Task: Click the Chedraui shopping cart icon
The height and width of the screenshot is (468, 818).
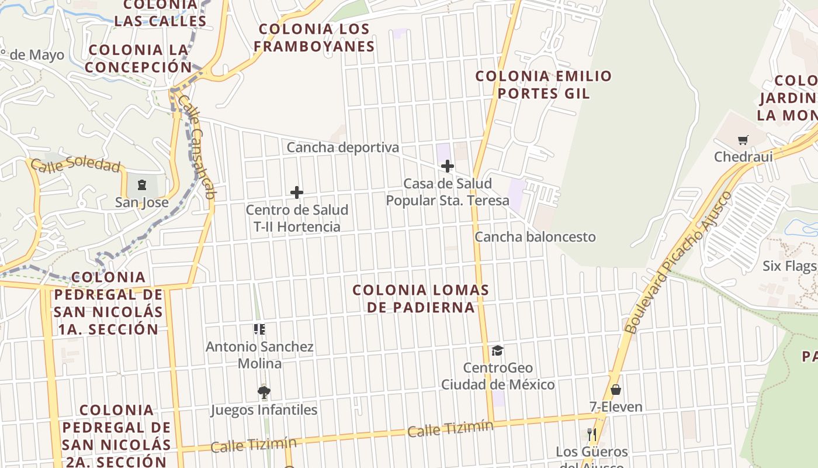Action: [x=743, y=140]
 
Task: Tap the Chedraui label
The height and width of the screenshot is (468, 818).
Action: [x=743, y=156]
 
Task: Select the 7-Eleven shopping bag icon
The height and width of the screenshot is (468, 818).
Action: [x=615, y=390]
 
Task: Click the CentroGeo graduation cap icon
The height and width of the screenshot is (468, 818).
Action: [x=497, y=350]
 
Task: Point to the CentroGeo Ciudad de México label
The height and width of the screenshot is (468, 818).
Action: [x=498, y=376]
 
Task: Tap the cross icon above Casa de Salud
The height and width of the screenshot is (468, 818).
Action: [x=447, y=166]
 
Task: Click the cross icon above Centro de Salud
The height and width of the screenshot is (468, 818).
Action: [x=297, y=192]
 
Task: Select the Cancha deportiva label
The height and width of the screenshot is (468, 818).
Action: [x=342, y=147]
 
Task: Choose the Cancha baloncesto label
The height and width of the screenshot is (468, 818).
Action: [x=535, y=237]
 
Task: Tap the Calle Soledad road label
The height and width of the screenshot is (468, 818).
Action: [x=75, y=165]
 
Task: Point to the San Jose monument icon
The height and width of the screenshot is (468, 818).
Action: [x=141, y=185]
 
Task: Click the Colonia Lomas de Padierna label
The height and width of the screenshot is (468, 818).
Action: [x=421, y=298]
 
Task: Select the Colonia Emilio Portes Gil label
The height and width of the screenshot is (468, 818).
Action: [x=543, y=84]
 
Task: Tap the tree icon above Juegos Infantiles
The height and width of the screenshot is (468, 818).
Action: [x=264, y=392]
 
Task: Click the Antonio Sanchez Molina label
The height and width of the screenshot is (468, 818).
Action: [x=259, y=355]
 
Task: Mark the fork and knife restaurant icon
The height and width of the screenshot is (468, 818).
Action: [x=592, y=434]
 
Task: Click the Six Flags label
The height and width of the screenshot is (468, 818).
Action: [x=789, y=266]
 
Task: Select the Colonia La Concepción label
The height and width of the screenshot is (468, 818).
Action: [x=138, y=58]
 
